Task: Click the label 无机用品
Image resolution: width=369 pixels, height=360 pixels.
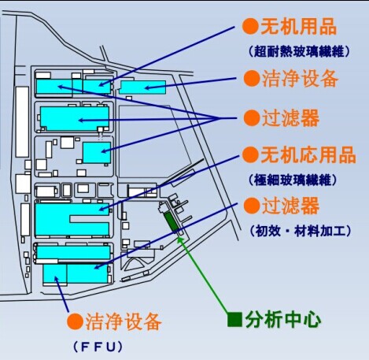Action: coord(299,27)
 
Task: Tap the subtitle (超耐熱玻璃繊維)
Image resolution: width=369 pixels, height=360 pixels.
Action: coord(299,51)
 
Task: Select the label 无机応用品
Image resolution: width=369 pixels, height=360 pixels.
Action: coord(308,154)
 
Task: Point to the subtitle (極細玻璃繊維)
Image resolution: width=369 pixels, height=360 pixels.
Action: coord(293,180)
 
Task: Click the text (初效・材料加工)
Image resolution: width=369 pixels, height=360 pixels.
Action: coord(301,232)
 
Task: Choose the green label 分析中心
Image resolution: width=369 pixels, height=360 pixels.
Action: coord(283,320)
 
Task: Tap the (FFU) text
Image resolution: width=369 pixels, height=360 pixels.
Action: coord(98,347)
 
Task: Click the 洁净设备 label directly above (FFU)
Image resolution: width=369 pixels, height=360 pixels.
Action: coord(124,321)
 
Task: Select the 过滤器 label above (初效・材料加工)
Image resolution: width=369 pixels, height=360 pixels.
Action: coord(290,206)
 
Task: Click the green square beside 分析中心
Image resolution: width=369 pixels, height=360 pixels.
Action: coord(234,320)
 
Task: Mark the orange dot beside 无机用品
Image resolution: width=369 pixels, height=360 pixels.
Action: coord(250,26)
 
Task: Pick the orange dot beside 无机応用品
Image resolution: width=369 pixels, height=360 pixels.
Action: coord(250,154)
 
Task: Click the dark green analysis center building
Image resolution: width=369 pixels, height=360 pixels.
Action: coord(171,222)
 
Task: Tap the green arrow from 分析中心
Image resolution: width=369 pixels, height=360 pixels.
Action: coord(204,275)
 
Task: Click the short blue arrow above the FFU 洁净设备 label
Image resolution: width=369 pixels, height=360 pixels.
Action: coord(61,295)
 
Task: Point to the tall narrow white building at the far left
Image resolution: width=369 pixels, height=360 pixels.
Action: coord(22,122)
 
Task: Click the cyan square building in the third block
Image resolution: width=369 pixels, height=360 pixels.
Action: coord(97,153)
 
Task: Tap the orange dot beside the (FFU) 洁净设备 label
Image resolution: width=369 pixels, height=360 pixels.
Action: coord(76,321)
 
